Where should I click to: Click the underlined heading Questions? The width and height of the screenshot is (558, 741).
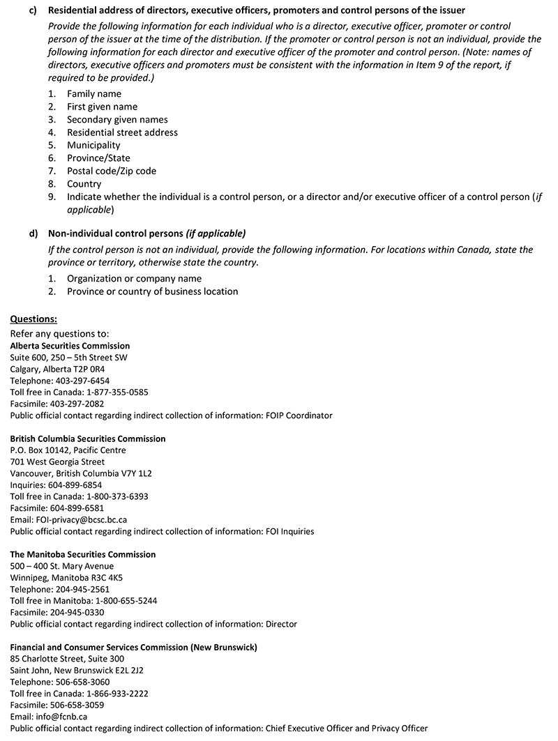tap(33, 319)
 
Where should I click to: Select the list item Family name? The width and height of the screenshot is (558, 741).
tap(93, 93)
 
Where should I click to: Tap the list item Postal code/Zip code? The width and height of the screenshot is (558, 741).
tap(111, 171)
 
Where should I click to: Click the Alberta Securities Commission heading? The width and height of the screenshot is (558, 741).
tap(70, 346)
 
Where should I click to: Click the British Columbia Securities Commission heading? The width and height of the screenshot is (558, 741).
tap(88, 438)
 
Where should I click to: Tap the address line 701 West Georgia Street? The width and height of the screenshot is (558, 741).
tap(57, 461)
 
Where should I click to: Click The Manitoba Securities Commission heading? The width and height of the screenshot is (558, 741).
tap(83, 554)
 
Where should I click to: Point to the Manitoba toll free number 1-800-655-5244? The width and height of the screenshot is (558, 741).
tap(113, 601)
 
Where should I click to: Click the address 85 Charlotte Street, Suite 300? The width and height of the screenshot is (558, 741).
tap(67, 659)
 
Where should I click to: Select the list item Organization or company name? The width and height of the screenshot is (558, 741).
tap(134, 278)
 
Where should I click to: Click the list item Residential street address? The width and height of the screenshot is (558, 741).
tap(122, 132)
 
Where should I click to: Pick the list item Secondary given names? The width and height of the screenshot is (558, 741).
tap(117, 119)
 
